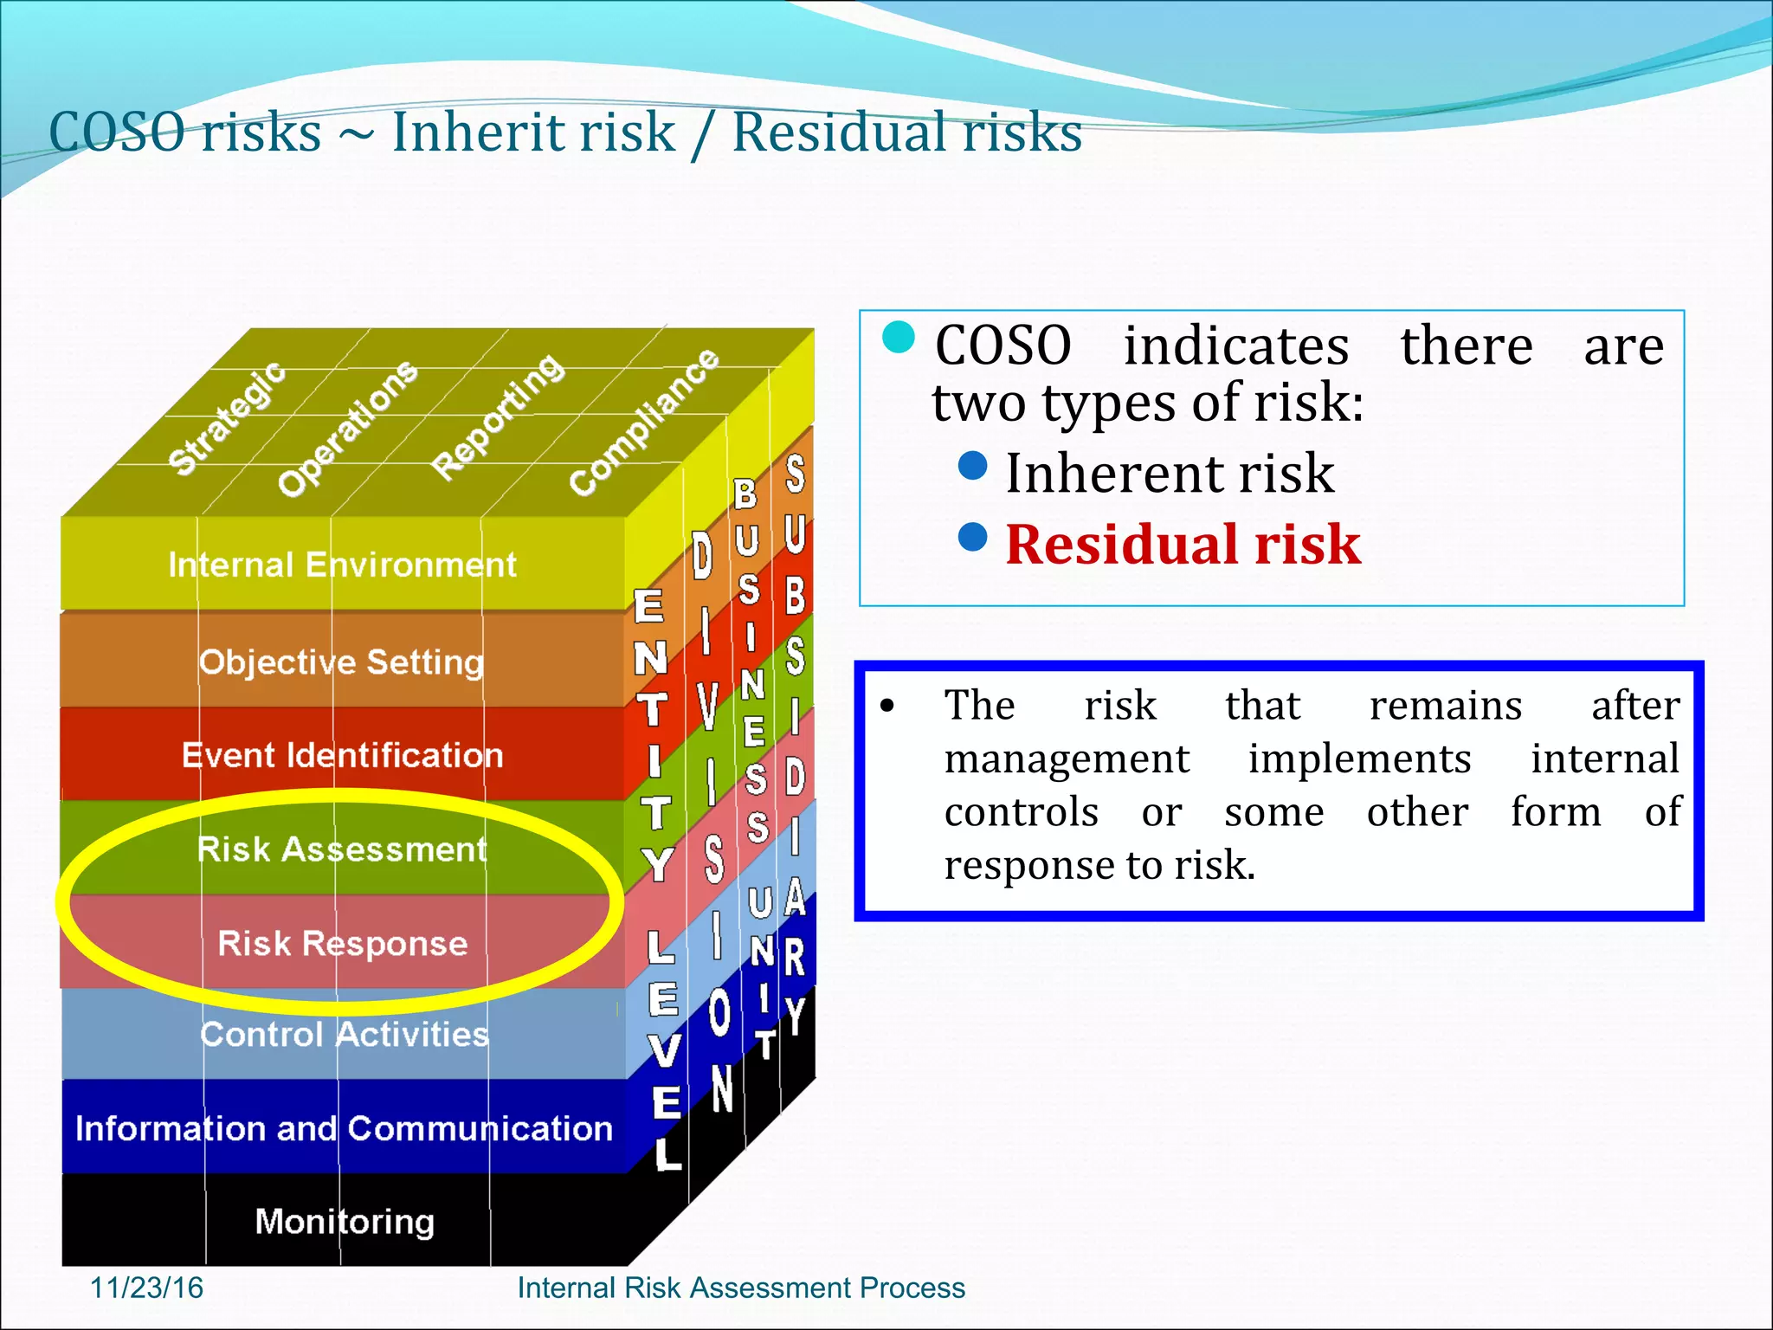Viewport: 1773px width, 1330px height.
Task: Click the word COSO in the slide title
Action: tap(117, 133)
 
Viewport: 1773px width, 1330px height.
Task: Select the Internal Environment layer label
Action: tap(342, 565)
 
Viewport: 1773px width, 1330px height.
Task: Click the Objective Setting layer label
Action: tap(341, 662)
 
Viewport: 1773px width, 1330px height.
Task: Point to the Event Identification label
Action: tap(342, 756)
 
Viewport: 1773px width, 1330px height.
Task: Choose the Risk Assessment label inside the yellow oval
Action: tap(342, 849)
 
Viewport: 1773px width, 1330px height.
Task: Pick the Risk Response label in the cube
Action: tap(342, 943)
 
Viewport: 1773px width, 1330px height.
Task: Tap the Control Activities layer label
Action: tap(344, 1035)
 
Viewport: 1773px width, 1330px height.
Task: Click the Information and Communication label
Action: tap(344, 1128)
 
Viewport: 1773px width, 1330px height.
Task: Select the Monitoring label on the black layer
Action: tap(345, 1222)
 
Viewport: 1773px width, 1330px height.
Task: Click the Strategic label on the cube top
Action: tap(227, 419)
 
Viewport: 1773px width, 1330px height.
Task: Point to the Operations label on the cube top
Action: tap(347, 429)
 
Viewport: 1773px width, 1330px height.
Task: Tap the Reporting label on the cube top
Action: tap(498, 416)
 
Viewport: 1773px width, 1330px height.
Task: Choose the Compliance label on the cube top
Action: tap(644, 422)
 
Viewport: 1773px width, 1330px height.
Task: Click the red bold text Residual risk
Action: tap(1183, 546)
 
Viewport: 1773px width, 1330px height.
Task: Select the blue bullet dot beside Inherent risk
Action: tap(973, 466)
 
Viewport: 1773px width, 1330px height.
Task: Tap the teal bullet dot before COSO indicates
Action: tap(899, 338)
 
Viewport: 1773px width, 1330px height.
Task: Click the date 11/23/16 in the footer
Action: tap(146, 1288)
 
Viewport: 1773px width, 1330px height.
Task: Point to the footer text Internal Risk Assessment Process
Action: tap(741, 1288)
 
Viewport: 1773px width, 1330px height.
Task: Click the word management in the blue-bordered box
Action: tap(1067, 759)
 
